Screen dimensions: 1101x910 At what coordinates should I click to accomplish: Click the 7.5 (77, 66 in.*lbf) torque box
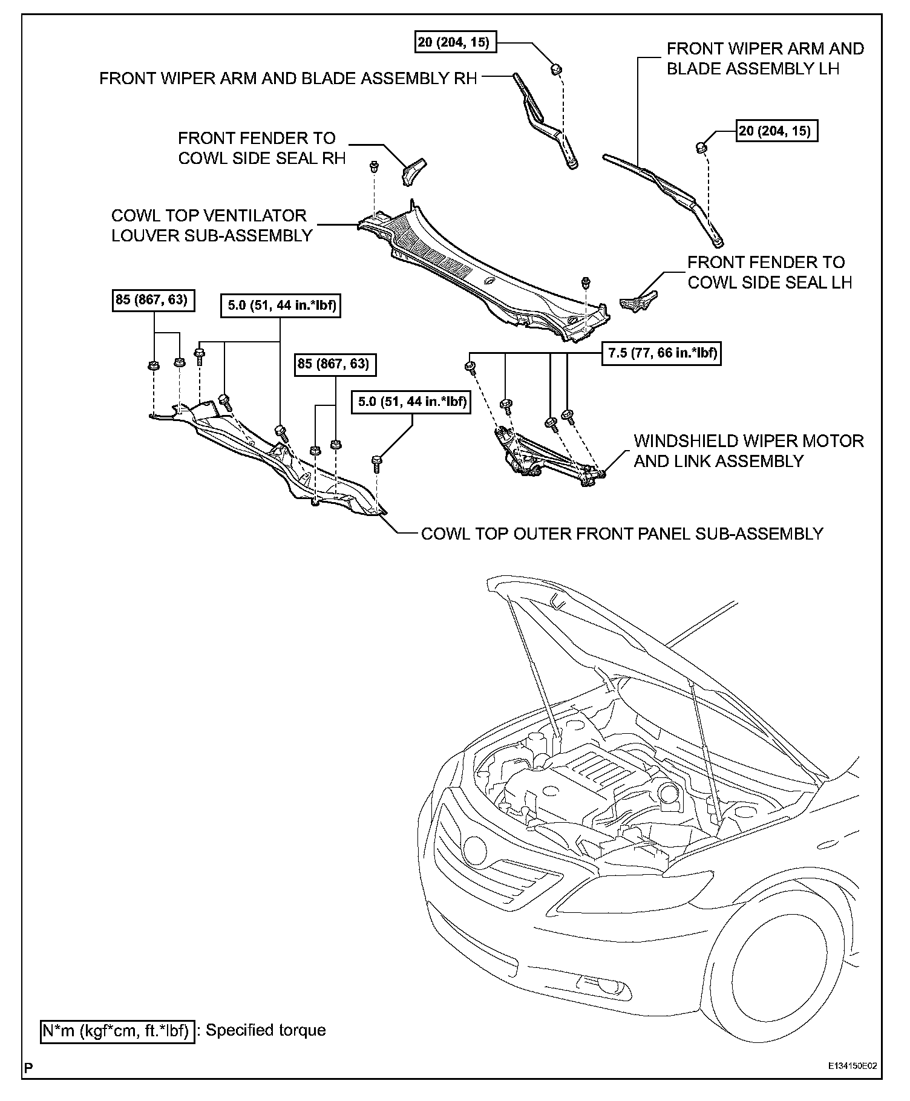(x=661, y=353)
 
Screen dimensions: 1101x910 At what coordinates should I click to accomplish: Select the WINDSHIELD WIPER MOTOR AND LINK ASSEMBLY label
(x=748, y=451)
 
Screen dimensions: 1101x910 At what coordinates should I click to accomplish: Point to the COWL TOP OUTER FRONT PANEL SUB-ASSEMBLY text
(x=622, y=534)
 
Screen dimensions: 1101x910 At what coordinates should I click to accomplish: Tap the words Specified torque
(x=266, y=1030)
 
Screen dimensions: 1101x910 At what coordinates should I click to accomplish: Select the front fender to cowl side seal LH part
(x=638, y=299)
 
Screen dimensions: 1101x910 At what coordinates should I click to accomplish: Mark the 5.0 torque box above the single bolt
(x=412, y=402)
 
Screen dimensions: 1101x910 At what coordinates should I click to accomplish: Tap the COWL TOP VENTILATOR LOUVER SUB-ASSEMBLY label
(x=212, y=226)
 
